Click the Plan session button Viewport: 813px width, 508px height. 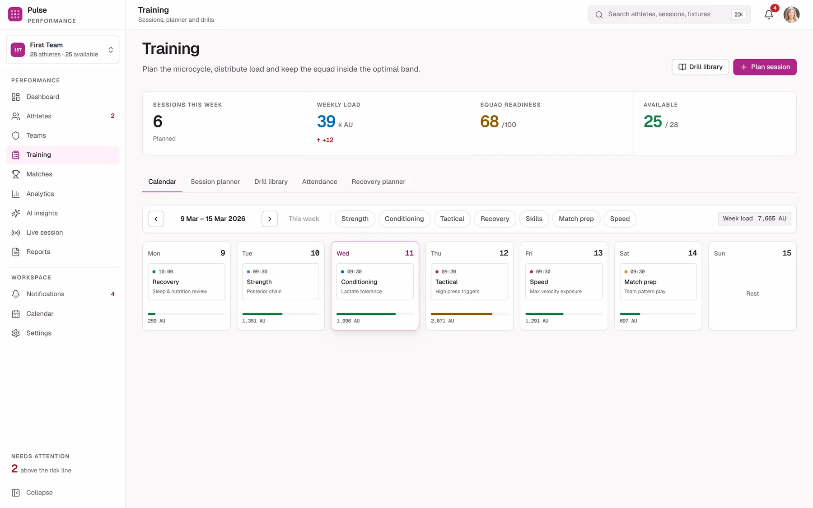tap(765, 67)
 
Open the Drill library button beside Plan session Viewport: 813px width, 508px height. tap(700, 67)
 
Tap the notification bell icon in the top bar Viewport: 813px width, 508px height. tap(769, 14)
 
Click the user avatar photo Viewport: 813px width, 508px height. tap(791, 14)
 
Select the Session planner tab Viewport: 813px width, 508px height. tap(215, 182)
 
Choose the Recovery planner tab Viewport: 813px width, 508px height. tap(378, 182)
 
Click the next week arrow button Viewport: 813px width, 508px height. tap(270, 219)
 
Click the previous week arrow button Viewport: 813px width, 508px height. tap(156, 219)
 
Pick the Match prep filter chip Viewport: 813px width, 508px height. tap(576, 219)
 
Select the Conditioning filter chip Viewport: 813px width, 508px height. tap(404, 219)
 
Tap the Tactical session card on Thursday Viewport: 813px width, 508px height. tap(469, 282)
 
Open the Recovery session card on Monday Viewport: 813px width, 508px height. tap(186, 282)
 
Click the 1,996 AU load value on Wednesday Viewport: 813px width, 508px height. tap(348, 321)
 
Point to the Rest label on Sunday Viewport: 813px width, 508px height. tap(752, 294)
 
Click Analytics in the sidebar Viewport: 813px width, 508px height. tap(40, 194)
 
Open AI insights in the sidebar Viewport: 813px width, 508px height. tap(42, 213)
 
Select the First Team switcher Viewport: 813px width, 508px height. tap(63, 50)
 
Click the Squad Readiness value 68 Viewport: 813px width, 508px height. tap(489, 121)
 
